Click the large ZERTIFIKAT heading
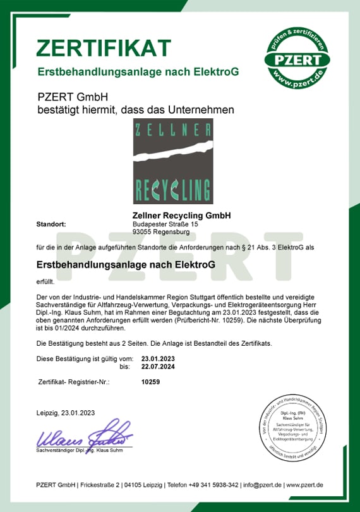tap(104, 47)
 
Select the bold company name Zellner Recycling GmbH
tap(182, 216)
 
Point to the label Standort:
tap(51, 224)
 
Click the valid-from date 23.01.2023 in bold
tap(159, 358)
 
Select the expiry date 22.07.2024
tap(159, 366)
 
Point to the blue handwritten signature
tap(85, 434)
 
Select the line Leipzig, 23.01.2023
tap(66, 413)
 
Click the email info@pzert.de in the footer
tap(263, 484)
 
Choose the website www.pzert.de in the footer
tap(304, 484)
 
